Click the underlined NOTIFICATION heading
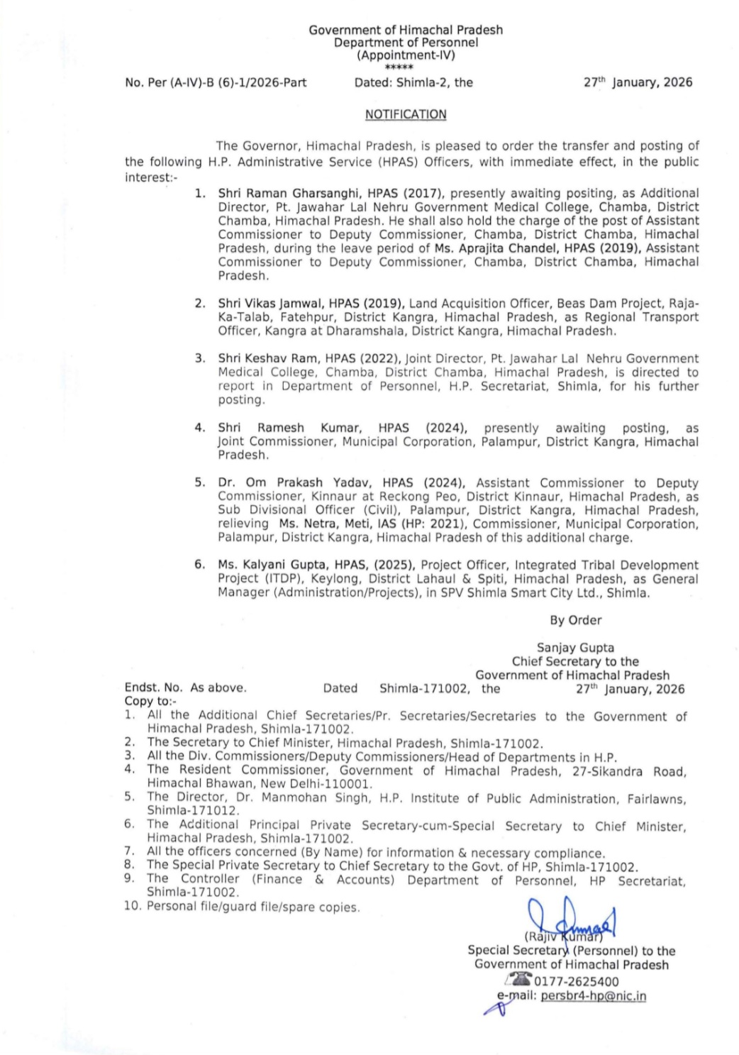coord(406,114)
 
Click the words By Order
coord(575,620)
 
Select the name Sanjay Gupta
coord(575,648)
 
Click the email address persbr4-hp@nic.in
coord(593,996)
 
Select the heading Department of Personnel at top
coord(406,43)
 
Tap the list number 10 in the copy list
coord(133,907)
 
